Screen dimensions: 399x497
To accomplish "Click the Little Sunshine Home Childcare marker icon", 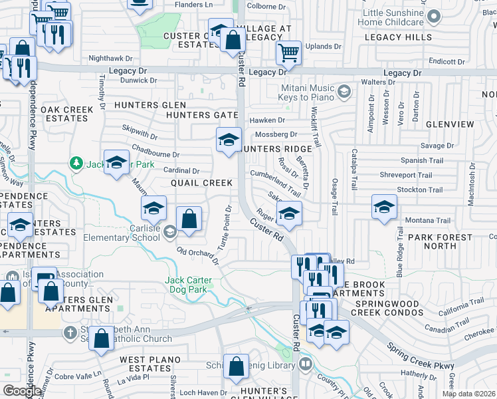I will point(435,16).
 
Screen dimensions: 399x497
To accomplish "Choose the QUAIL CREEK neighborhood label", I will point(201,183).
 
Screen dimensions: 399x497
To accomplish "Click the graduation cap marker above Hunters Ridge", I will point(228,140).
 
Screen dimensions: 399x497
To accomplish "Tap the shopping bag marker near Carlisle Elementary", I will point(189,219).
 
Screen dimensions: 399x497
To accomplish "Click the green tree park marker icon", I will point(78,162).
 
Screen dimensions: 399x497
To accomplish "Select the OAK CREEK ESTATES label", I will point(64,114).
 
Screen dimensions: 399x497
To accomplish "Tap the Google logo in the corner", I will point(22,391).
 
